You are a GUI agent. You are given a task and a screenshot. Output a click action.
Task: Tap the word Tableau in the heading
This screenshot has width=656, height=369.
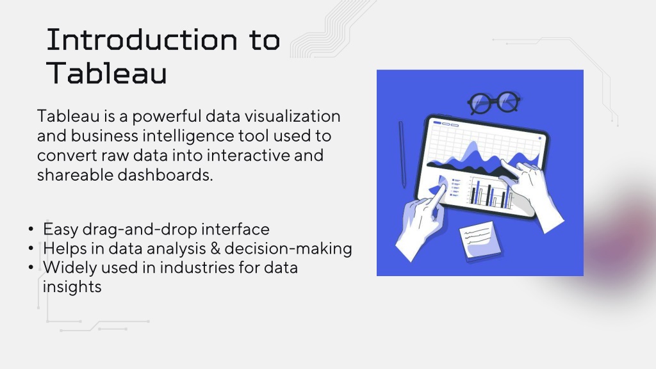(107, 73)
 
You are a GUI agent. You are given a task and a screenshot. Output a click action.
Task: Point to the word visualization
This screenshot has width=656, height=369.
(292, 116)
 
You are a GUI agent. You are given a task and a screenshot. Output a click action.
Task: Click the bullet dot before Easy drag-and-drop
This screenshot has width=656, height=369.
(31, 229)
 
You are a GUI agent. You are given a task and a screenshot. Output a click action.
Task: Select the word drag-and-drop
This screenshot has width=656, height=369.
(140, 230)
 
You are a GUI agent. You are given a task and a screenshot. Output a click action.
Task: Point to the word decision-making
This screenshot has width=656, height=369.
(288, 249)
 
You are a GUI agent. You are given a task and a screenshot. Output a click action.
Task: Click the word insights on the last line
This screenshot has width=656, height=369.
(72, 287)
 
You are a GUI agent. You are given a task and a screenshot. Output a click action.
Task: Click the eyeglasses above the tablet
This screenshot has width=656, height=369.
(494, 102)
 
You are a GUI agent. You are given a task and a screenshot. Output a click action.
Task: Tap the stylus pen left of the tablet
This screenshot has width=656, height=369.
(402, 154)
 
